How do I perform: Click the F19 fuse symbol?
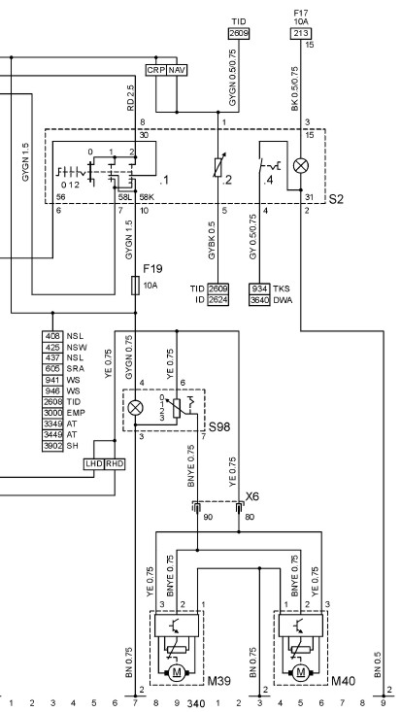pos(135,285)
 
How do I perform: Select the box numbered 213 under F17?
pos(300,33)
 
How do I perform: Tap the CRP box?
pos(156,70)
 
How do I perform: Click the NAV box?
pos(177,70)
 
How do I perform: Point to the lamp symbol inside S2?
pos(300,166)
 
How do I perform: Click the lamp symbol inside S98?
pos(135,408)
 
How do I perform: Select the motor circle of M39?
pos(177,671)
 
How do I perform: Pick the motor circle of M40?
pos(300,671)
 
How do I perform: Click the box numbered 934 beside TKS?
pos(259,288)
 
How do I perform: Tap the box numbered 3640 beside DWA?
pos(259,300)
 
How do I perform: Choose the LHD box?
pos(94,464)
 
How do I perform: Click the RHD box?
pos(115,464)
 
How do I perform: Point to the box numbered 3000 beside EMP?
pos(52,413)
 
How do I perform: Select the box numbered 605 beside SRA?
pos(52,369)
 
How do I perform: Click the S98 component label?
pos(219,426)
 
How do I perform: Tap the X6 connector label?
pos(252,496)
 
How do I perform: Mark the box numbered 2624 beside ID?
pos(217,300)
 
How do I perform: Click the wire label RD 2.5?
pos(131,98)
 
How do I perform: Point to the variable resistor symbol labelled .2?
pos(218,167)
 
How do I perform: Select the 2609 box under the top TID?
pos(239,33)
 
